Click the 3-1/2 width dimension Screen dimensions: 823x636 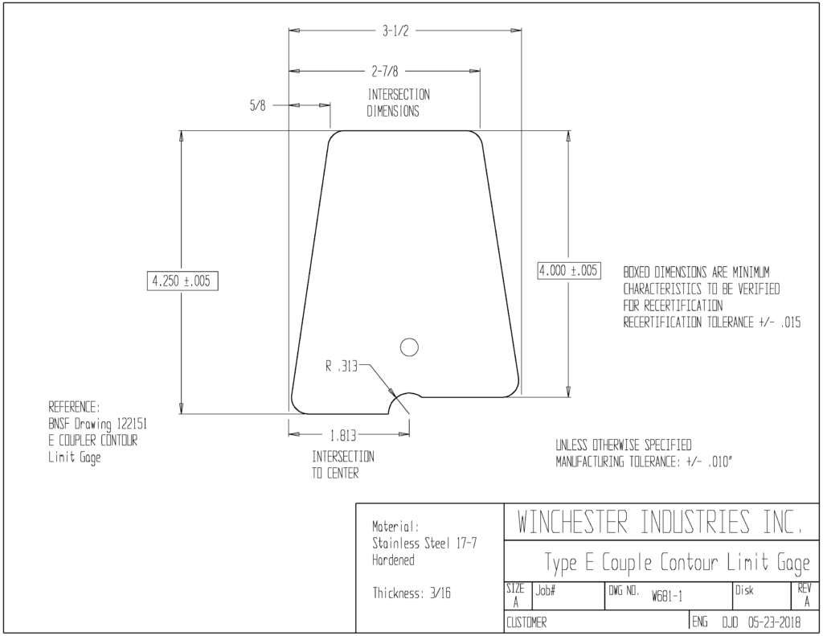tap(395, 31)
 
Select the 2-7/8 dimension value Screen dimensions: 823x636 tap(385, 71)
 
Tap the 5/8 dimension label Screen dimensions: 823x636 tap(257, 105)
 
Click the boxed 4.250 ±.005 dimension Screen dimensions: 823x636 tap(182, 281)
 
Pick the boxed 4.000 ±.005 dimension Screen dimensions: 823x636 tap(568, 270)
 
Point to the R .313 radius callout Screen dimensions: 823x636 tap(341, 366)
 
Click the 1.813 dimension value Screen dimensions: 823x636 tap(342, 435)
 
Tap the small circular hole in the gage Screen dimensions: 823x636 tap(409, 347)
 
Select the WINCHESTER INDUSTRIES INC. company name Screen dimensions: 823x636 tap(660, 522)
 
